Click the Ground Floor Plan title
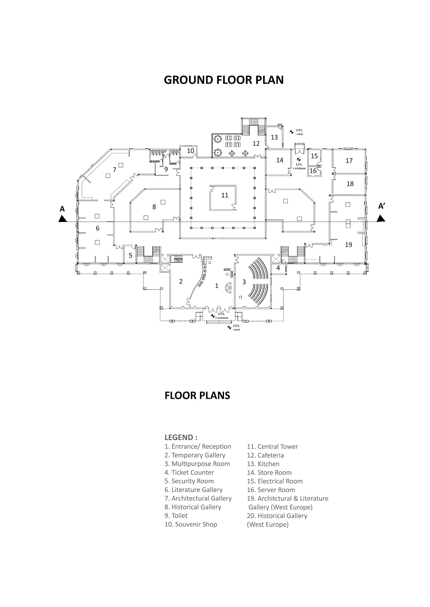pyautogui.click(x=223, y=80)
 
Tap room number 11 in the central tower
pyautogui.click(x=225, y=195)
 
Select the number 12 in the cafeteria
pyautogui.click(x=256, y=143)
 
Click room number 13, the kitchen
pyautogui.click(x=274, y=137)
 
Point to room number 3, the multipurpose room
pyautogui.click(x=244, y=282)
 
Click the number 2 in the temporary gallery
pyautogui.click(x=181, y=281)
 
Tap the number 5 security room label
pyautogui.click(x=130, y=255)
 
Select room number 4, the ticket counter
pyautogui.click(x=278, y=268)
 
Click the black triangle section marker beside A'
pyautogui.click(x=381, y=218)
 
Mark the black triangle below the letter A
pyautogui.click(x=62, y=219)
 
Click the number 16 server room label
pyautogui.click(x=313, y=171)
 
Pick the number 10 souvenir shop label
pyautogui.click(x=191, y=151)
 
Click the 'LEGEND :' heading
pyautogui.click(x=181, y=437)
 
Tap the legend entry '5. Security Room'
pyautogui.click(x=189, y=481)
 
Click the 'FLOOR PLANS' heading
pyautogui.click(x=197, y=396)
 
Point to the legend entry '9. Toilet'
pyautogui.click(x=176, y=516)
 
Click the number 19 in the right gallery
pyautogui.click(x=348, y=245)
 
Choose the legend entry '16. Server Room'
pyautogui.click(x=271, y=490)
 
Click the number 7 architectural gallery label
pyautogui.click(x=114, y=170)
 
